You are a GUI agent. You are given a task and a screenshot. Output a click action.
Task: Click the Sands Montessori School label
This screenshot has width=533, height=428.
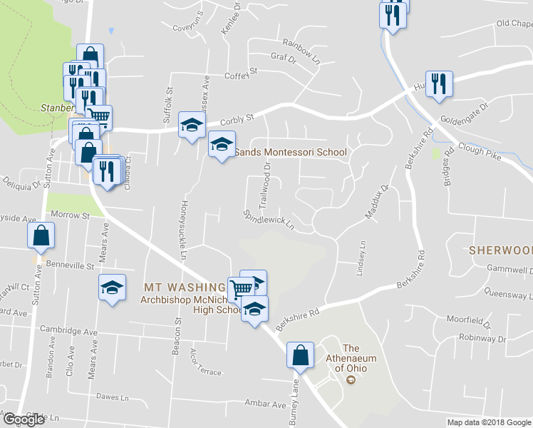(x=290, y=152)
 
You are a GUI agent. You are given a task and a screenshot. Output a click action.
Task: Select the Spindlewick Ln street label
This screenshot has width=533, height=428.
(x=269, y=219)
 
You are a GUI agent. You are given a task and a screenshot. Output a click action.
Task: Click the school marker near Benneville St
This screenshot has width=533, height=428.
(x=111, y=287)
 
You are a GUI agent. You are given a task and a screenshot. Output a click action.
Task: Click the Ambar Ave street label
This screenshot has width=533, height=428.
(x=265, y=404)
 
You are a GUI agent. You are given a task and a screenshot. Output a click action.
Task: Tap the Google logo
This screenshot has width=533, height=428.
(x=24, y=419)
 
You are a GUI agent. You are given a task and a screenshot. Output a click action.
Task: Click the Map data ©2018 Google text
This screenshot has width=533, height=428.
(x=488, y=422)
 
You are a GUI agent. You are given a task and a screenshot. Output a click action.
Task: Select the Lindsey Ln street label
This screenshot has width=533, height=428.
(x=361, y=258)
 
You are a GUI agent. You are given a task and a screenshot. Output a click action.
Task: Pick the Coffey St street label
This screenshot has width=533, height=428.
(x=240, y=74)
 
